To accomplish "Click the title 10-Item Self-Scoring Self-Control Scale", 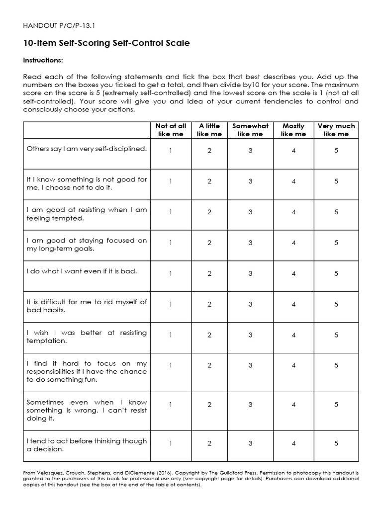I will (106, 44).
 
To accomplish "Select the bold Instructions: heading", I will (43, 61).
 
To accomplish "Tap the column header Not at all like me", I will (171, 130).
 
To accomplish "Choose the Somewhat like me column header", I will (250, 130).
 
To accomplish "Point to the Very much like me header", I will (336, 130).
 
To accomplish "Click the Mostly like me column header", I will (293, 130).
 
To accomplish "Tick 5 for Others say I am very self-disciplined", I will (336, 151).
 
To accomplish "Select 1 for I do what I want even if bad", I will (171, 273).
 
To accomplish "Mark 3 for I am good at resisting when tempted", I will (250, 212).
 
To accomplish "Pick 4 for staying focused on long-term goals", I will (293, 243).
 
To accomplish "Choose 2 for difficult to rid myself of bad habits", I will (209, 304).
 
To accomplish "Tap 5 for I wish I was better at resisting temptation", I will (336, 335).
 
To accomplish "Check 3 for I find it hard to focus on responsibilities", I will (250, 365).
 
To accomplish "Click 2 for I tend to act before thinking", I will (209, 443).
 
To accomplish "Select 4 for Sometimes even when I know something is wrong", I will (293, 405).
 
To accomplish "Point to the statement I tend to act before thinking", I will (87, 445).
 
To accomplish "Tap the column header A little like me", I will (209, 130).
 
